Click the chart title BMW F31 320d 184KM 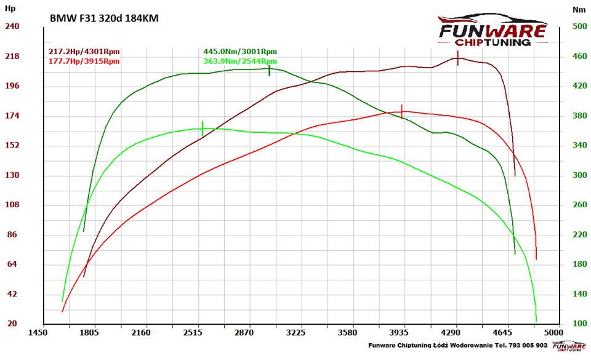pos(103,18)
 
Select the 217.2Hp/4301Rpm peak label pos(84,52)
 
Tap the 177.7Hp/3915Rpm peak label pos(84,61)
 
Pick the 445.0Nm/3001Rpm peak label pos(240,52)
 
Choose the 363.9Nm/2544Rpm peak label pos(240,61)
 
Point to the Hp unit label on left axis pos(10,9)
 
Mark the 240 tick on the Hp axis pos(12,26)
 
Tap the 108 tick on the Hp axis pos(12,205)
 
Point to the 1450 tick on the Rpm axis pos(38,333)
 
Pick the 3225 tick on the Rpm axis pos(296,333)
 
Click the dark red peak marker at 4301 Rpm pos(457,58)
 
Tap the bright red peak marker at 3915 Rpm pos(402,111)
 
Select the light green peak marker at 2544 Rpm pos(203,129)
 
